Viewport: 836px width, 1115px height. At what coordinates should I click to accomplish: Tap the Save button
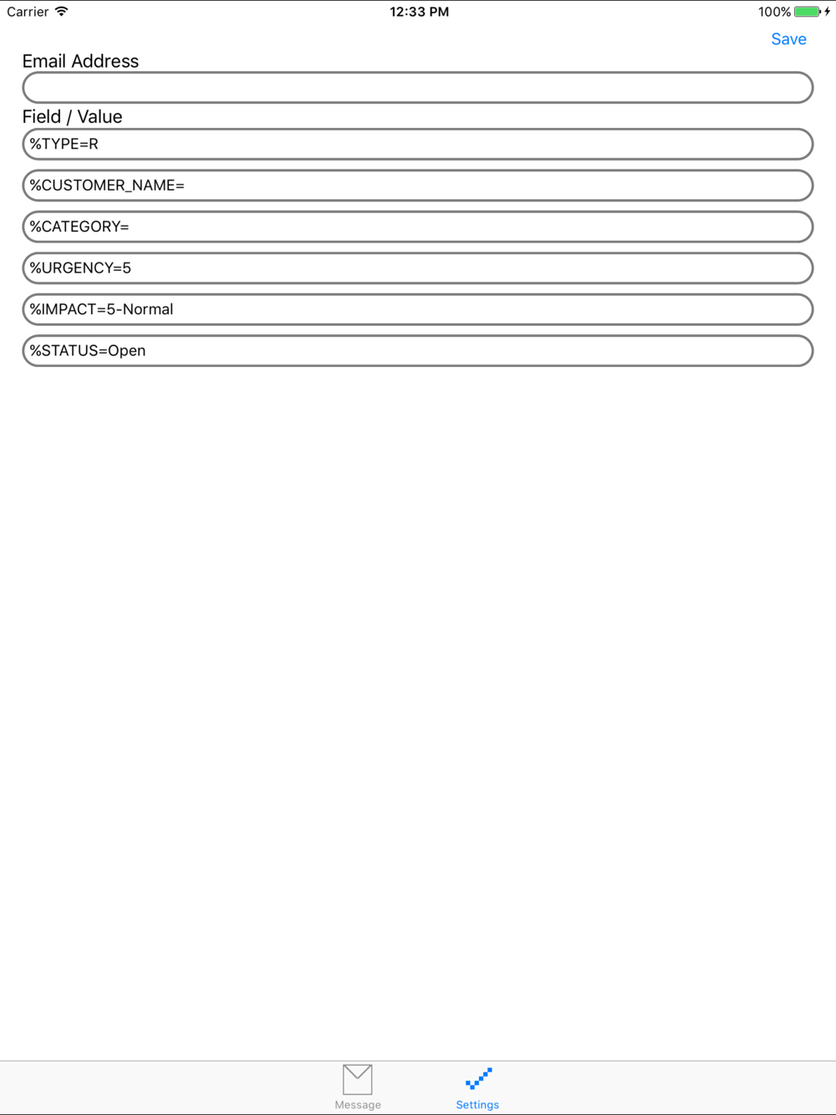tap(788, 39)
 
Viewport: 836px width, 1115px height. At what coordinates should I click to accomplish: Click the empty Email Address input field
tap(418, 88)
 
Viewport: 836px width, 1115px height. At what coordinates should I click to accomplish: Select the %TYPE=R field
tap(418, 144)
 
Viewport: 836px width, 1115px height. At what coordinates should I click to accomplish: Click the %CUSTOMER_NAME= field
tap(418, 186)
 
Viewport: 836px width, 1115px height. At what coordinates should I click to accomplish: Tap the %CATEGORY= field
tap(418, 227)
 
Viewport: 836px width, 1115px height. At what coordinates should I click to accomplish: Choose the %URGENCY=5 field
tap(418, 268)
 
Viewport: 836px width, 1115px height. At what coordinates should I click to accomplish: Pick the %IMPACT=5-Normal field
tap(418, 309)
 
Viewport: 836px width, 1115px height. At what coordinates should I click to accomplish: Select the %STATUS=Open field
tap(418, 351)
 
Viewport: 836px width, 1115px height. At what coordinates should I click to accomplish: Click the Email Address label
tap(80, 61)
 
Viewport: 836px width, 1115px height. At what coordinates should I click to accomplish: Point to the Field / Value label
tap(72, 117)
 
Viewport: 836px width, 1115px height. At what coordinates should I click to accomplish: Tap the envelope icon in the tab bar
tap(358, 1079)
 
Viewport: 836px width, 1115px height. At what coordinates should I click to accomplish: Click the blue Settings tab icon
tap(478, 1078)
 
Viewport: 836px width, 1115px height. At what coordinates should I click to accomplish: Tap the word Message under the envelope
tap(358, 1105)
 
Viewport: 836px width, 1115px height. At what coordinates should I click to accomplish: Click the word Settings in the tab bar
tap(477, 1105)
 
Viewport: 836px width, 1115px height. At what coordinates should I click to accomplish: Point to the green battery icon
tap(807, 12)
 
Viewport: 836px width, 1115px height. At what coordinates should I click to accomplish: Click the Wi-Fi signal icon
tap(62, 12)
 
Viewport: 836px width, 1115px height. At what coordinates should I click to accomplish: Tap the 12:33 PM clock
tap(419, 12)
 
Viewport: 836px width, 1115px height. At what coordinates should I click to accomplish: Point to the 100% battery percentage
tap(774, 12)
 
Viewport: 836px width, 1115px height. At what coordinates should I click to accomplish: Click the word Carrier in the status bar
tap(28, 12)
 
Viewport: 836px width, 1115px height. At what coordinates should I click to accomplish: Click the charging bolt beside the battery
tap(828, 12)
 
